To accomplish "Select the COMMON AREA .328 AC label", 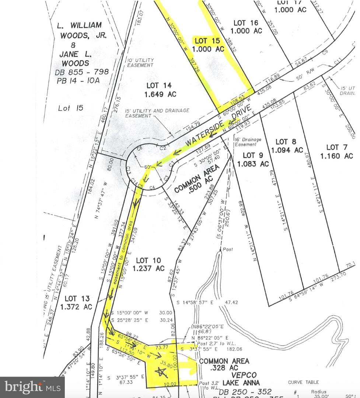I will pyautogui.click(x=224, y=365).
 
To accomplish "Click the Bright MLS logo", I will pyautogui.click(x=32, y=387).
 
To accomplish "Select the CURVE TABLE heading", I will pyautogui.click(x=304, y=382).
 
